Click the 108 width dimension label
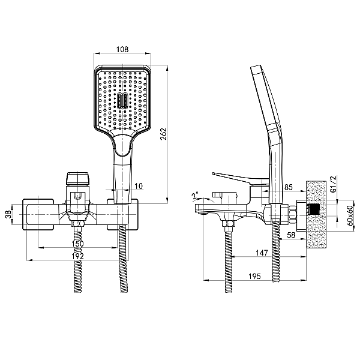(x=122, y=49)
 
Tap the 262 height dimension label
(x=163, y=134)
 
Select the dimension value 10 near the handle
(x=139, y=186)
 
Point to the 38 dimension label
(x=9, y=214)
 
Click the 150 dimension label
(x=77, y=244)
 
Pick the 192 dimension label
(x=77, y=256)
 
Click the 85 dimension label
(x=289, y=187)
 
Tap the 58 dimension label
(x=291, y=235)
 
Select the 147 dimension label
(x=262, y=253)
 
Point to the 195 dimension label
(x=254, y=276)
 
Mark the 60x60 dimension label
(x=350, y=215)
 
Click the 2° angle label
(x=196, y=196)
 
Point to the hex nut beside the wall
(x=292, y=215)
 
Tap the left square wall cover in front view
(x=38, y=214)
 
